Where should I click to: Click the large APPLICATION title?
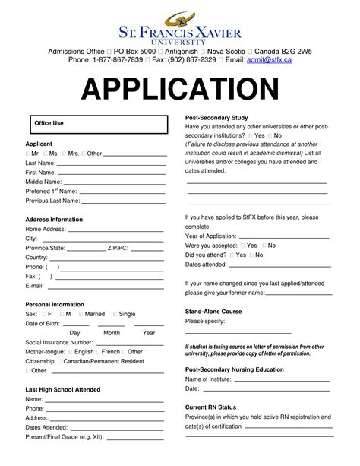(x=180, y=90)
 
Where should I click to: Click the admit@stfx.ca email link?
(x=269, y=59)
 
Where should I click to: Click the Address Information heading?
(x=54, y=220)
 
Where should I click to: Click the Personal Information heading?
(x=55, y=304)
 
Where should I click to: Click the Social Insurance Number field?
(x=129, y=343)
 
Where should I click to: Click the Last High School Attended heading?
(x=63, y=389)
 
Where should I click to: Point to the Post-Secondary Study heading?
(x=216, y=118)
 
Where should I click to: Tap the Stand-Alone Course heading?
(x=213, y=312)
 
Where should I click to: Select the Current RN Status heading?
(x=211, y=407)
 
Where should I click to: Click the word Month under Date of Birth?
(x=112, y=333)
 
